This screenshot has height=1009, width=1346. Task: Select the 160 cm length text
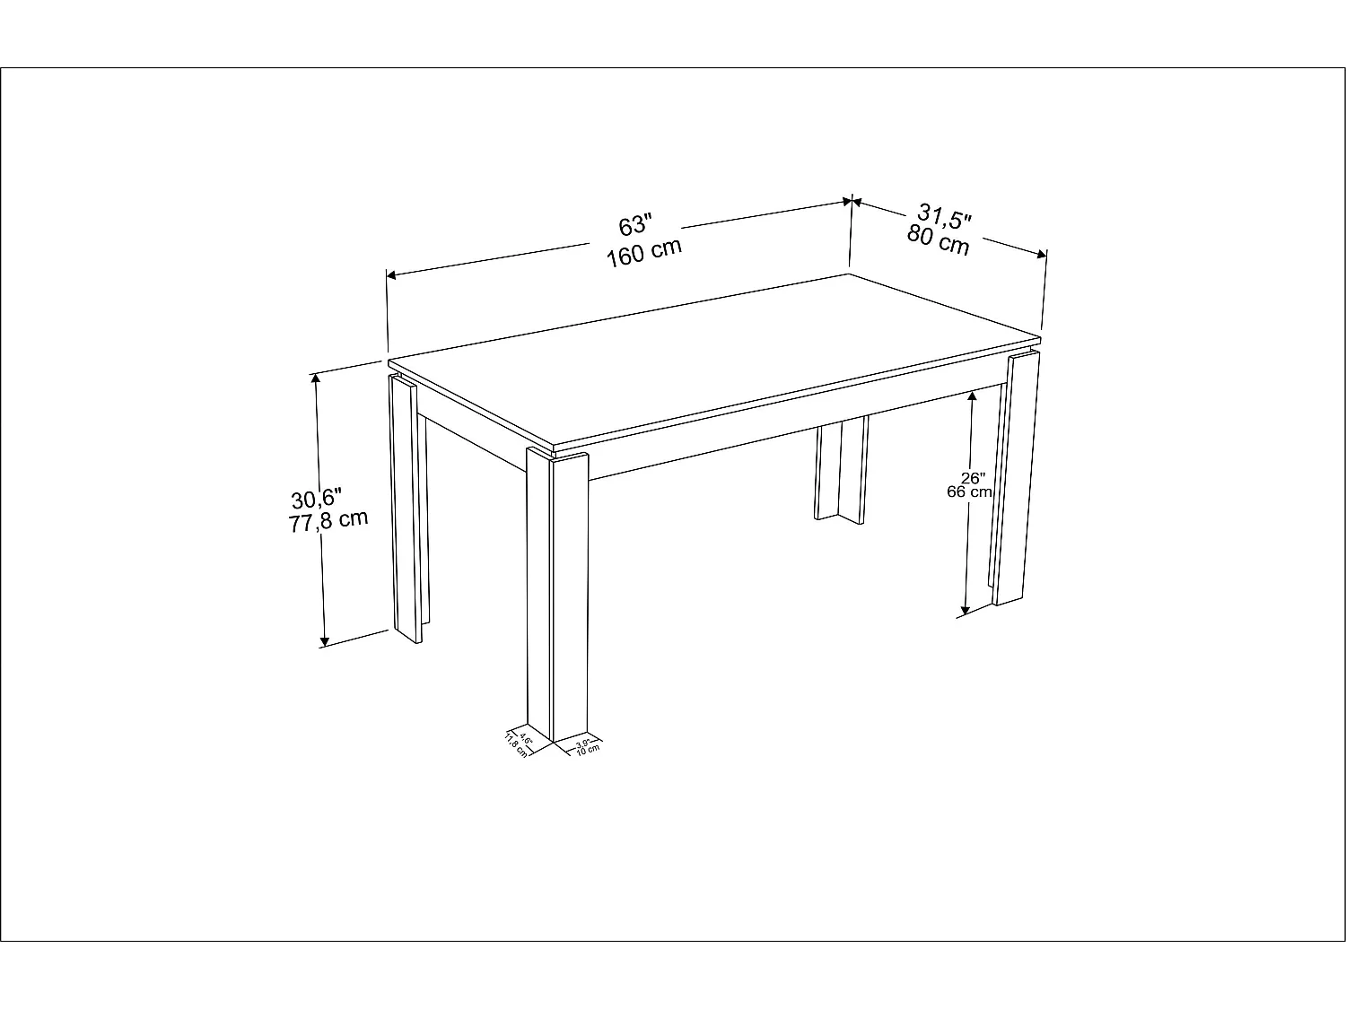tap(643, 252)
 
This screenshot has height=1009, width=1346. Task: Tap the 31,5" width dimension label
tap(945, 218)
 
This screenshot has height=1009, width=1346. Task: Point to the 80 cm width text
tap(939, 240)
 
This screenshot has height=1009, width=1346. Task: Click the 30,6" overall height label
tap(317, 498)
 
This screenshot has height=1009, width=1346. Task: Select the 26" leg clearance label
tap(972, 478)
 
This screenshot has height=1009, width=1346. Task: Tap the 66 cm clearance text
tap(969, 491)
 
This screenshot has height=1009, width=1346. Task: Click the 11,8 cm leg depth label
tap(515, 744)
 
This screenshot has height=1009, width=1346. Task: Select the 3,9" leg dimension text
tap(583, 743)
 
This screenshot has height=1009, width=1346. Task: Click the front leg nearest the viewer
tap(556, 592)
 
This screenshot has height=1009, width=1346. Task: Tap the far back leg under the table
tap(842, 471)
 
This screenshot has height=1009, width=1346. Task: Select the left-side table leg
tap(407, 507)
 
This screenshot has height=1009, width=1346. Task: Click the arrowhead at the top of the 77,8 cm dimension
tap(315, 378)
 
